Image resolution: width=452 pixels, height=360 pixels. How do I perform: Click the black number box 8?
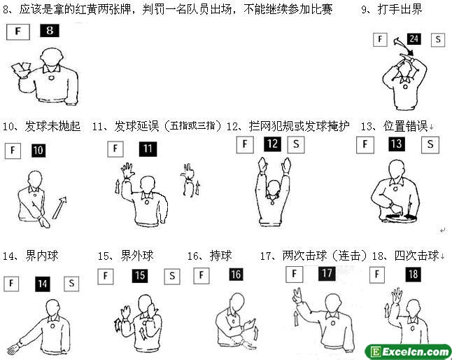(x=50, y=31)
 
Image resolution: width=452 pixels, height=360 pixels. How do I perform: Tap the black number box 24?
(x=414, y=39)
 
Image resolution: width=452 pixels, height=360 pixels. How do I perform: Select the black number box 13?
(x=397, y=144)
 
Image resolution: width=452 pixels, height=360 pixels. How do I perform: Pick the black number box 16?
(x=236, y=275)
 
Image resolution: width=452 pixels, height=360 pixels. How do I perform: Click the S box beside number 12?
(x=296, y=144)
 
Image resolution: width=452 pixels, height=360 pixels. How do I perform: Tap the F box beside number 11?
(x=115, y=149)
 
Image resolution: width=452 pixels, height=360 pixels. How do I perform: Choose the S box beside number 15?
(x=172, y=277)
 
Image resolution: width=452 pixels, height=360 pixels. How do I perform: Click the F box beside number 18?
(x=377, y=275)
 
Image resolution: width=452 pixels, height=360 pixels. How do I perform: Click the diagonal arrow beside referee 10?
(x=59, y=208)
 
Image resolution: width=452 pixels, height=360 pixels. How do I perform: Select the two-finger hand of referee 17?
(x=297, y=296)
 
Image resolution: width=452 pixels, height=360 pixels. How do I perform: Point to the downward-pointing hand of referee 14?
(x=13, y=349)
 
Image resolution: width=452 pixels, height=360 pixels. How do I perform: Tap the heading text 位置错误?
(x=405, y=126)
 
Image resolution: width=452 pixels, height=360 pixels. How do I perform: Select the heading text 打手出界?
(x=400, y=10)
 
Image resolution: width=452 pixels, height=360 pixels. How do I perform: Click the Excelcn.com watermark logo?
(x=408, y=352)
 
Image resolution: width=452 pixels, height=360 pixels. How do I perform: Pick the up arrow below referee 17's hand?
(x=296, y=318)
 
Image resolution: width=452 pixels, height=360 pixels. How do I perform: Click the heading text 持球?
(x=221, y=256)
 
